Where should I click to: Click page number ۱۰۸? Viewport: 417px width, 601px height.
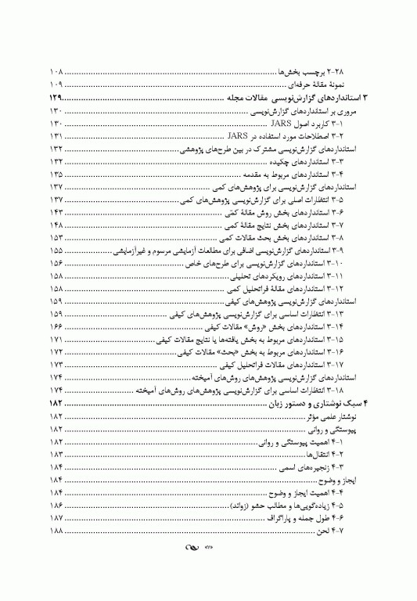click(56, 70)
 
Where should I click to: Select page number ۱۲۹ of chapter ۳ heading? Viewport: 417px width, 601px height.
click(56, 98)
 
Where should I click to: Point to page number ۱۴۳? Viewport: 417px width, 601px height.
click(56, 211)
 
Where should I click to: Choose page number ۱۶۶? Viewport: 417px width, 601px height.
click(56, 325)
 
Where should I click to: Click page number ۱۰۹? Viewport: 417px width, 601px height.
click(56, 83)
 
